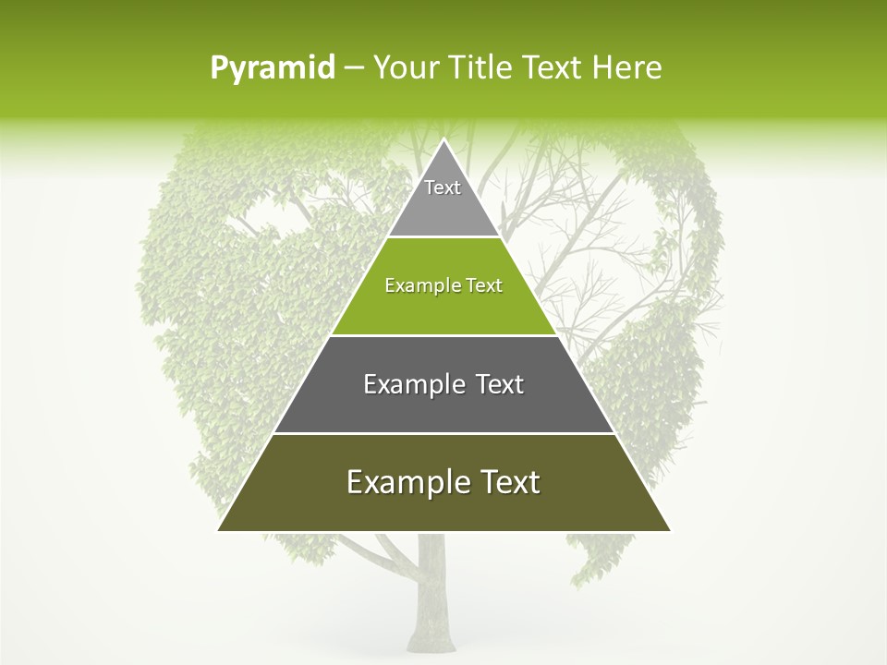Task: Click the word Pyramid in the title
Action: tap(272, 68)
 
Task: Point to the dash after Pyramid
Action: tap(353, 68)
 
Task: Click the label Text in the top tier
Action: tap(443, 187)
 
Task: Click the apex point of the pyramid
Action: tap(443, 141)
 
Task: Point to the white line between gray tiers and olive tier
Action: tap(443, 433)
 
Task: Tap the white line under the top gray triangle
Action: tap(443, 237)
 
